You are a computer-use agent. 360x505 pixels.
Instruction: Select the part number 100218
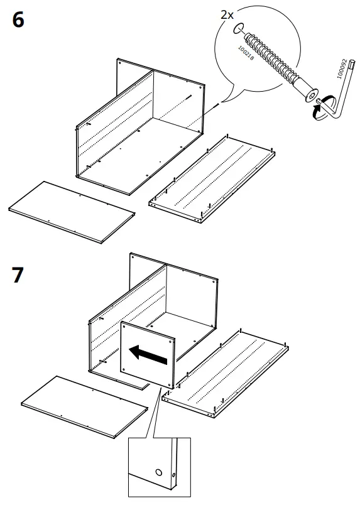[x=246, y=53]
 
